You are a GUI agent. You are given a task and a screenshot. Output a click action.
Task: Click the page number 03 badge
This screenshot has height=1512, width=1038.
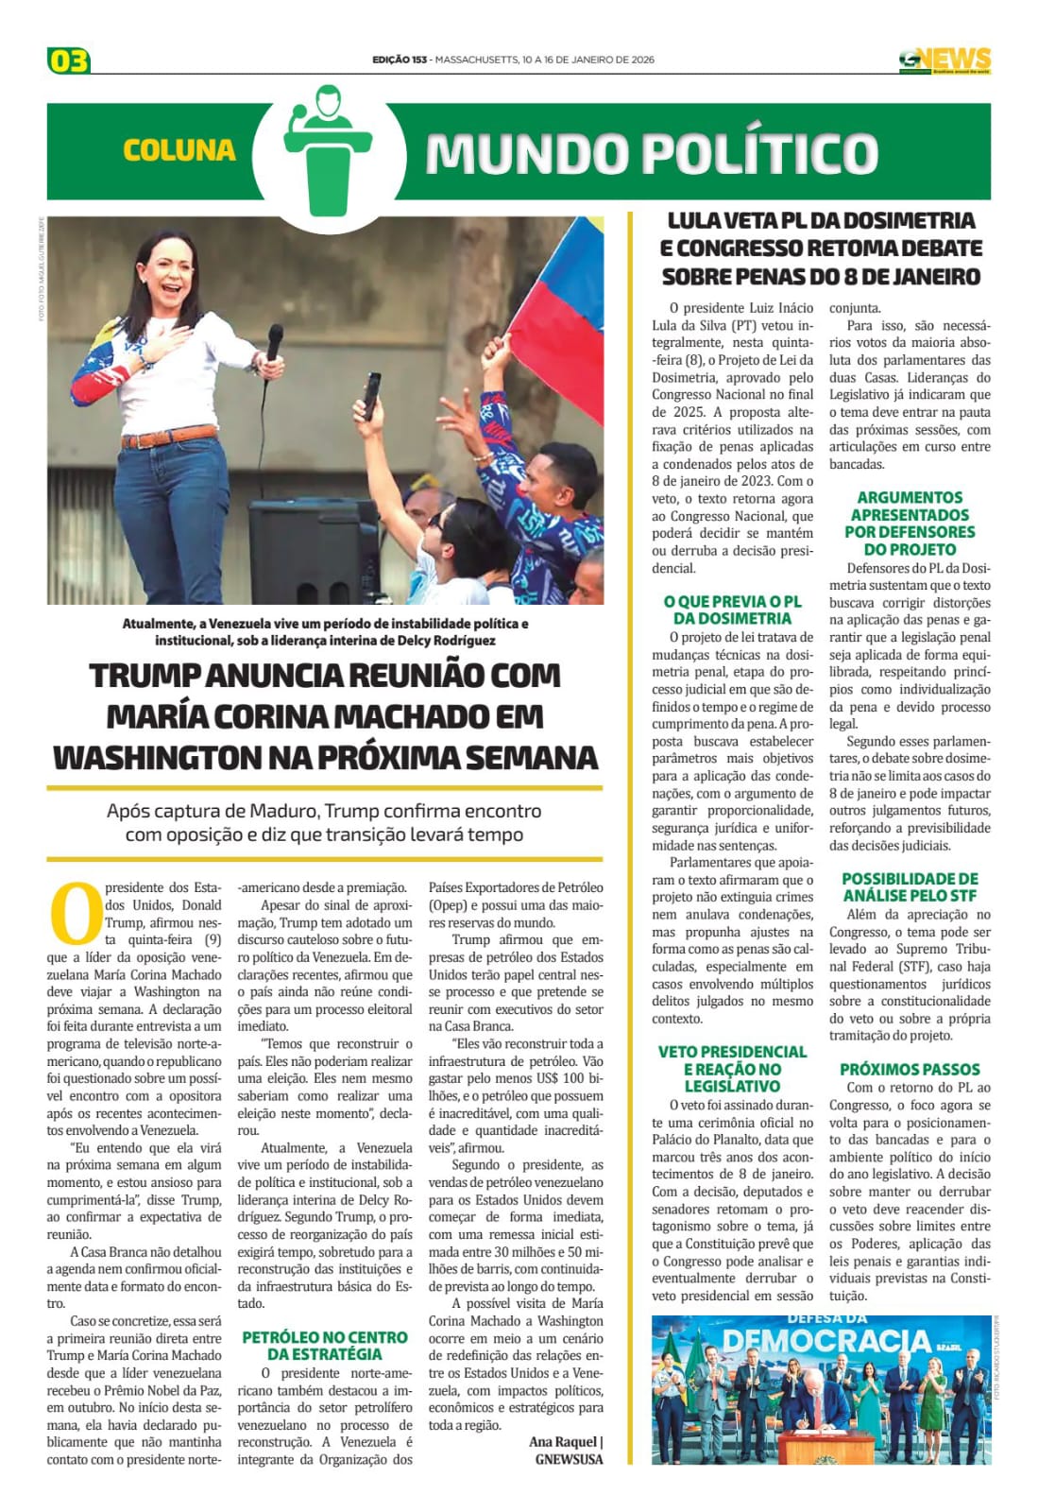click(68, 61)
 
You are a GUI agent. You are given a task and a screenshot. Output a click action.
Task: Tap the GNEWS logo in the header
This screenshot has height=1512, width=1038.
click(944, 60)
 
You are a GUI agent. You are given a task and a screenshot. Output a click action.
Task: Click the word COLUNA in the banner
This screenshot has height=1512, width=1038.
click(179, 150)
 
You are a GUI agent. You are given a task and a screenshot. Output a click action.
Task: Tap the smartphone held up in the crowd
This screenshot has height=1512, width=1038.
click(372, 395)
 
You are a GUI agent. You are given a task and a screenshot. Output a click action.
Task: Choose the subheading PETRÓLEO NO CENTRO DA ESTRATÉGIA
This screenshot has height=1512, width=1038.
click(325, 1346)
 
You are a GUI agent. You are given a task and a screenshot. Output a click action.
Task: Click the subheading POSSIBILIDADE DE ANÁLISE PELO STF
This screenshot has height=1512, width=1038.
click(910, 886)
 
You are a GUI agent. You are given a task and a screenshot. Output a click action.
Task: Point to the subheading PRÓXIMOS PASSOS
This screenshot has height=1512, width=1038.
click(910, 1069)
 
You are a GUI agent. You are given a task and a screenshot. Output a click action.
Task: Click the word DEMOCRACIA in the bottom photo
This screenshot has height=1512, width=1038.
click(827, 1341)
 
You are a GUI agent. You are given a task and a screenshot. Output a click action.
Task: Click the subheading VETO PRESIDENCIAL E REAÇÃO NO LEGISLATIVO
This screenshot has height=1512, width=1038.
click(732, 1069)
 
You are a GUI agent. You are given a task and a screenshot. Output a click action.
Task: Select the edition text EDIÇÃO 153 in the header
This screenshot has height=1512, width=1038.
click(400, 60)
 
